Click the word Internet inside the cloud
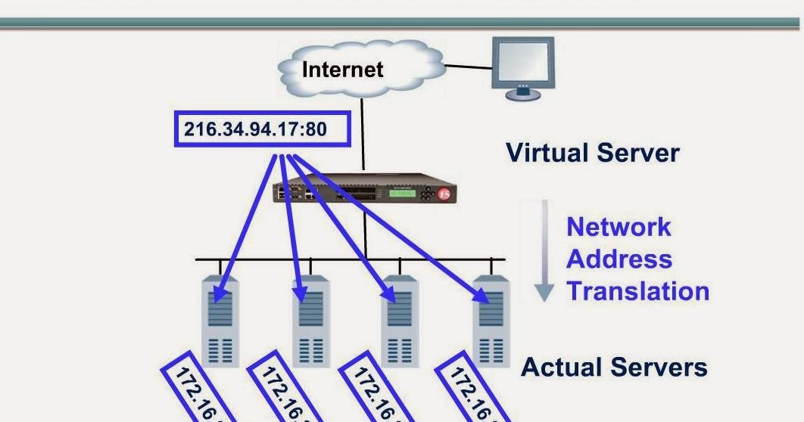pyautogui.click(x=342, y=70)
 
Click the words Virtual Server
pyautogui.click(x=592, y=154)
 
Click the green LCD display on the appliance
pyautogui.click(x=402, y=194)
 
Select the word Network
pyautogui.click(x=619, y=226)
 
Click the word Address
pyautogui.click(x=619, y=259)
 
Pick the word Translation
pyautogui.click(x=637, y=291)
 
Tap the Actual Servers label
pyautogui.click(x=614, y=368)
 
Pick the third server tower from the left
pyautogui.click(x=400, y=321)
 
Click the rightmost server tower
pyautogui.click(x=491, y=321)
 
